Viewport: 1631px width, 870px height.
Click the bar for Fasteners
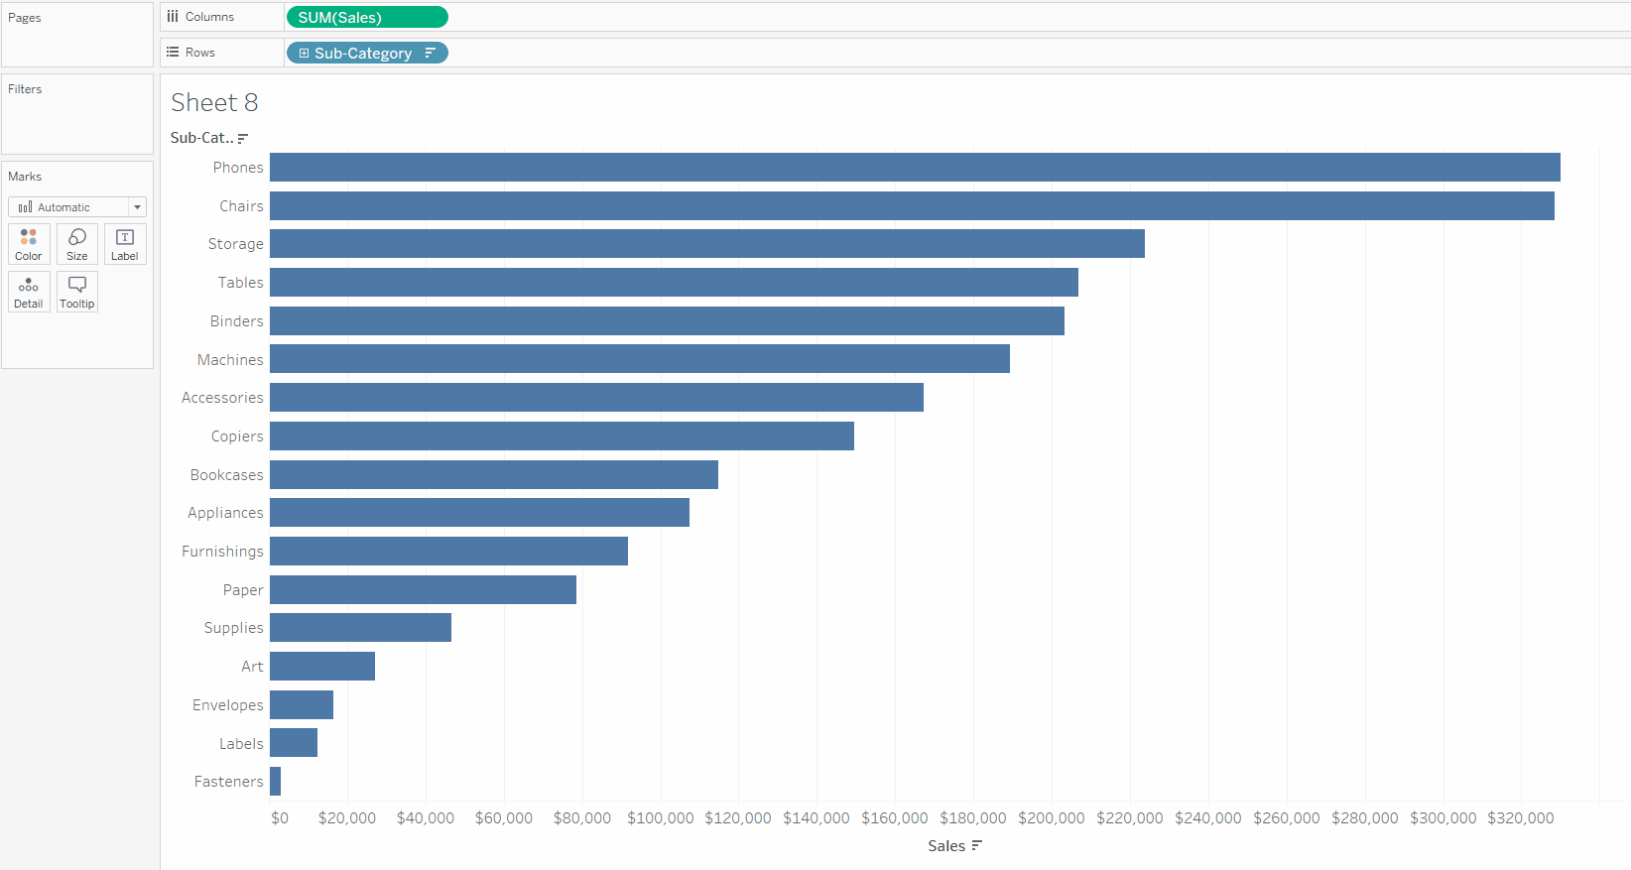click(276, 782)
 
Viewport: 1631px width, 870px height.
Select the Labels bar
click(294, 743)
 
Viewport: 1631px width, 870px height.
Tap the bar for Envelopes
click(302, 705)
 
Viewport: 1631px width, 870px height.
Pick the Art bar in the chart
click(322, 667)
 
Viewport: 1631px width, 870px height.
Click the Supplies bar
click(360, 628)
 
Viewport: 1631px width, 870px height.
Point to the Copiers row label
click(237, 436)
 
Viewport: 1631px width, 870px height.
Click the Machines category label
click(230, 360)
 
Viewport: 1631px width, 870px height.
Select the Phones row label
click(238, 168)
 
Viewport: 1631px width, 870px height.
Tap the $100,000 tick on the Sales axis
click(660, 818)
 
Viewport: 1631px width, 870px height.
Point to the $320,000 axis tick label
click(1520, 818)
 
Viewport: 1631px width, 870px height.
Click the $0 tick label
click(280, 818)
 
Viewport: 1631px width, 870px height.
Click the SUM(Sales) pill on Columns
click(366, 18)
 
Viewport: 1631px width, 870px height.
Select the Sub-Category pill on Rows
click(366, 54)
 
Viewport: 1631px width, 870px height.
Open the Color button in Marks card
click(29, 244)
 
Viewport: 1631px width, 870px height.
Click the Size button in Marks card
click(77, 244)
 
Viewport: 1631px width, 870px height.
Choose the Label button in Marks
click(125, 244)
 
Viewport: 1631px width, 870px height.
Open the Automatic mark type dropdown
click(77, 207)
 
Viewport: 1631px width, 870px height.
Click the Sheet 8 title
click(214, 103)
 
